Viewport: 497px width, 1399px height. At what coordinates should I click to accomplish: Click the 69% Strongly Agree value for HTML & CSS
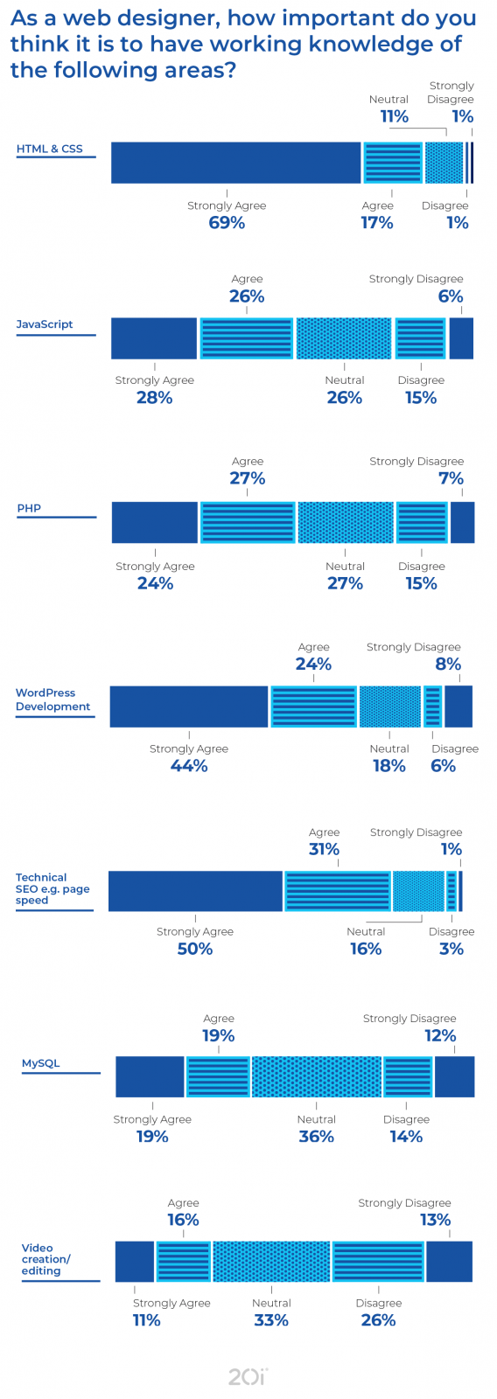click(227, 223)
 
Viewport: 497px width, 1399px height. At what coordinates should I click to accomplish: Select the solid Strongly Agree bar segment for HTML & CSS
click(235, 163)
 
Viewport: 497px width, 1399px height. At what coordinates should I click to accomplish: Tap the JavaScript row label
click(45, 324)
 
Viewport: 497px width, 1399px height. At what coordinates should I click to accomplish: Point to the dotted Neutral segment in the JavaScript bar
click(344, 338)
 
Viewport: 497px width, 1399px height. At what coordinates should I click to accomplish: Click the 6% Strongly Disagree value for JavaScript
click(451, 296)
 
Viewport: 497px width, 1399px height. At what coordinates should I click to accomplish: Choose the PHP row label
click(29, 508)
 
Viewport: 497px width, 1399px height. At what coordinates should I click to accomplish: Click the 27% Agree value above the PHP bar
click(248, 478)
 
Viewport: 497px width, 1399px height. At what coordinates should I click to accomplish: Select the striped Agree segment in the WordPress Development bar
click(313, 706)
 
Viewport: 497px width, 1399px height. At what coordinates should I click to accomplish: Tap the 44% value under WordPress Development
click(189, 766)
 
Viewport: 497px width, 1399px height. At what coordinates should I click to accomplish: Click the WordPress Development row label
click(52, 699)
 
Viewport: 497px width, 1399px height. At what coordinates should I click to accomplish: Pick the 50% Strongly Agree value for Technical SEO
click(195, 949)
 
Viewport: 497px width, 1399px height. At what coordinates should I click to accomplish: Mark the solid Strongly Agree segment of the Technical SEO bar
click(195, 891)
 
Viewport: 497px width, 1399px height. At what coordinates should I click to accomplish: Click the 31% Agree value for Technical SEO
click(324, 849)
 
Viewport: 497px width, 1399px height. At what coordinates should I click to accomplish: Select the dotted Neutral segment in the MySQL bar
click(317, 1076)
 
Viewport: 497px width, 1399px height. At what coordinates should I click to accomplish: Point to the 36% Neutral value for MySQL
click(317, 1137)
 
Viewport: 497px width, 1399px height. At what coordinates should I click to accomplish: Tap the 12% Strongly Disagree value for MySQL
click(440, 1036)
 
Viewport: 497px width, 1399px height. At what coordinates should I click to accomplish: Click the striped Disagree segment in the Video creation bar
click(378, 1262)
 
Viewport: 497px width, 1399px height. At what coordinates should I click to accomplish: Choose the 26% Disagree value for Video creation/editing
click(379, 1320)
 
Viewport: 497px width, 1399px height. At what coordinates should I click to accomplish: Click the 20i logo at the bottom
click(248, 1376)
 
